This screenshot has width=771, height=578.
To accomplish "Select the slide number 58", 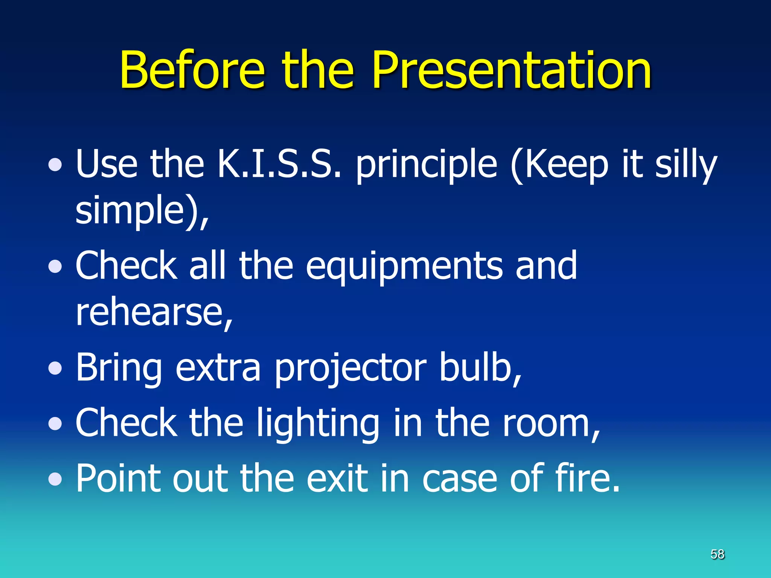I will tap(717, 554).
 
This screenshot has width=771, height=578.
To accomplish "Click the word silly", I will tap(686, 166).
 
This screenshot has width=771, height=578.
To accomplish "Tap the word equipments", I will tap(404, 267).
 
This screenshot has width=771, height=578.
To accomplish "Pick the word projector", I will tap(350, 369).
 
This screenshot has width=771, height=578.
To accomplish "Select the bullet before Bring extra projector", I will tap(55, 368).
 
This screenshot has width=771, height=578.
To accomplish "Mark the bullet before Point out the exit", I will tap(55, 479).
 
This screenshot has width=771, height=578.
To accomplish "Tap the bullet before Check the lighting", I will tap(55, 424).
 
